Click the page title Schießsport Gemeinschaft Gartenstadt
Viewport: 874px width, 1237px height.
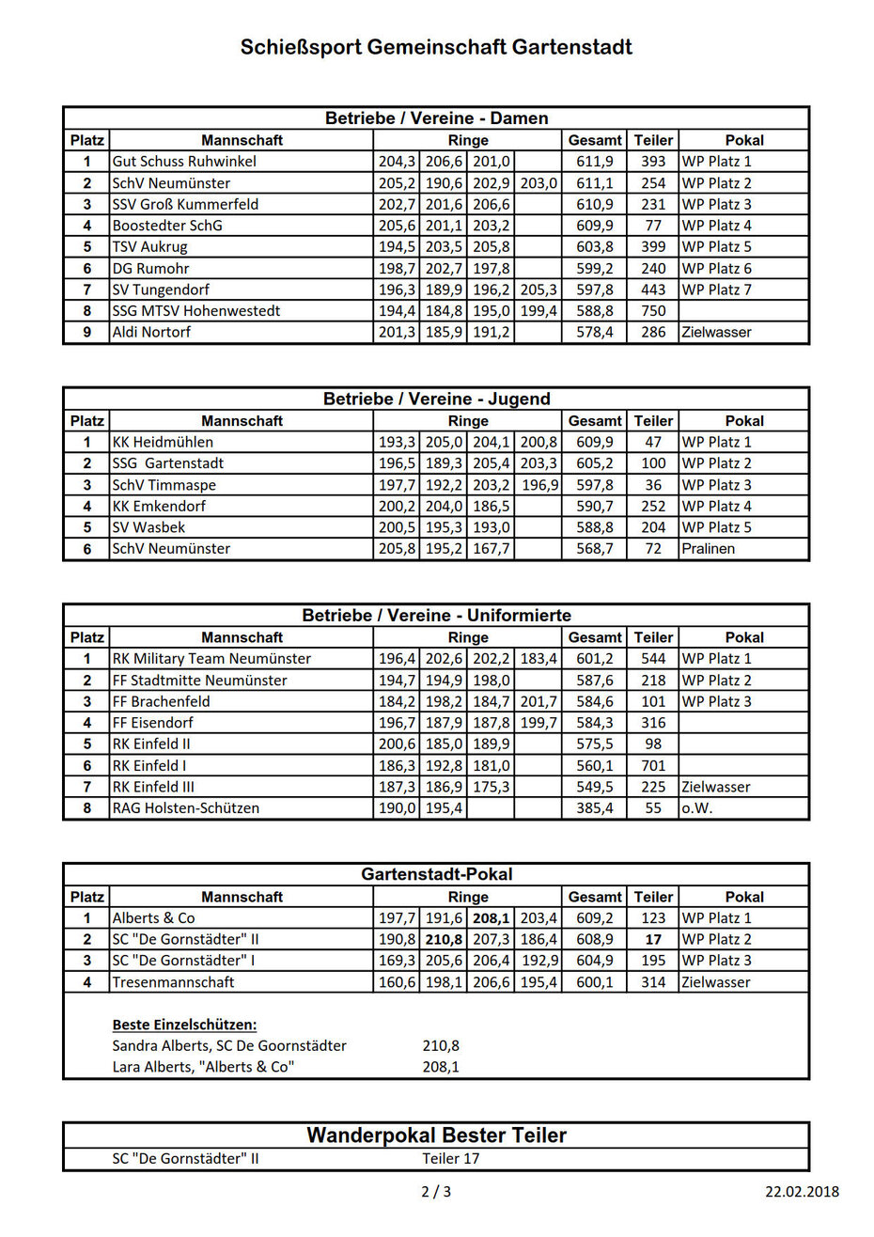click(436, 47)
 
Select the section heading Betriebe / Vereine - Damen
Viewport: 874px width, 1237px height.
click(436, 118)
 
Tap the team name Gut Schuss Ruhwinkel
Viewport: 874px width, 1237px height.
click(184, 162)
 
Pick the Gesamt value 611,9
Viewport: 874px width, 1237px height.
click(594, 162)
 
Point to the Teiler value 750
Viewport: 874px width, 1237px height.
click(653, 311)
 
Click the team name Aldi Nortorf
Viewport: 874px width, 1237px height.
click(151, 333)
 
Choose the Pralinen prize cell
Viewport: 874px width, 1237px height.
click(709, 549)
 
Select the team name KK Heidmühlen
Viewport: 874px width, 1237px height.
click(163, 443)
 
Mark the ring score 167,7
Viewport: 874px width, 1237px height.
click(491, 549)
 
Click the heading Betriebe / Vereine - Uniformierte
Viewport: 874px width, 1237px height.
click(436, 616)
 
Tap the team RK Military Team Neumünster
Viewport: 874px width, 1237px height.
click(211, 659)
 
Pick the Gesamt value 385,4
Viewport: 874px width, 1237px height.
click(594, 808)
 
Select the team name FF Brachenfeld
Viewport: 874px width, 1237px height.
click(161, 702)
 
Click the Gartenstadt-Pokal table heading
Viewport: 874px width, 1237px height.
click(436, 875)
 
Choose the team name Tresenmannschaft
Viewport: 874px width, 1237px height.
click(173, 982)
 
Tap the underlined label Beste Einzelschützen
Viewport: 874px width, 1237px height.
click(184, 1025)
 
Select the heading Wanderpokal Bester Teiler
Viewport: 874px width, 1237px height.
click(436, 1135)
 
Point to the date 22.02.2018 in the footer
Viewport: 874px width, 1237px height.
click(802, 1192)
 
